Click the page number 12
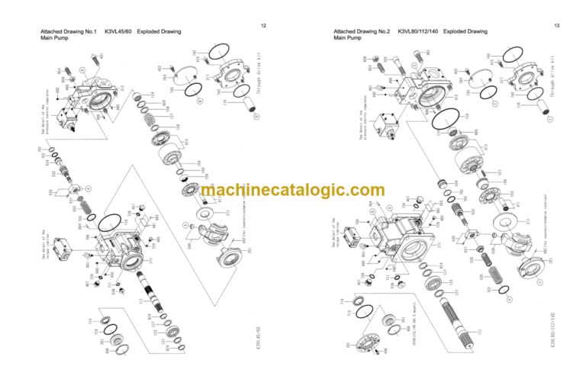(263, 26)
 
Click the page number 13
(557, 26)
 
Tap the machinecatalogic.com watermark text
(293, 191)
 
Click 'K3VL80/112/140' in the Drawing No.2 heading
(420, 31)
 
